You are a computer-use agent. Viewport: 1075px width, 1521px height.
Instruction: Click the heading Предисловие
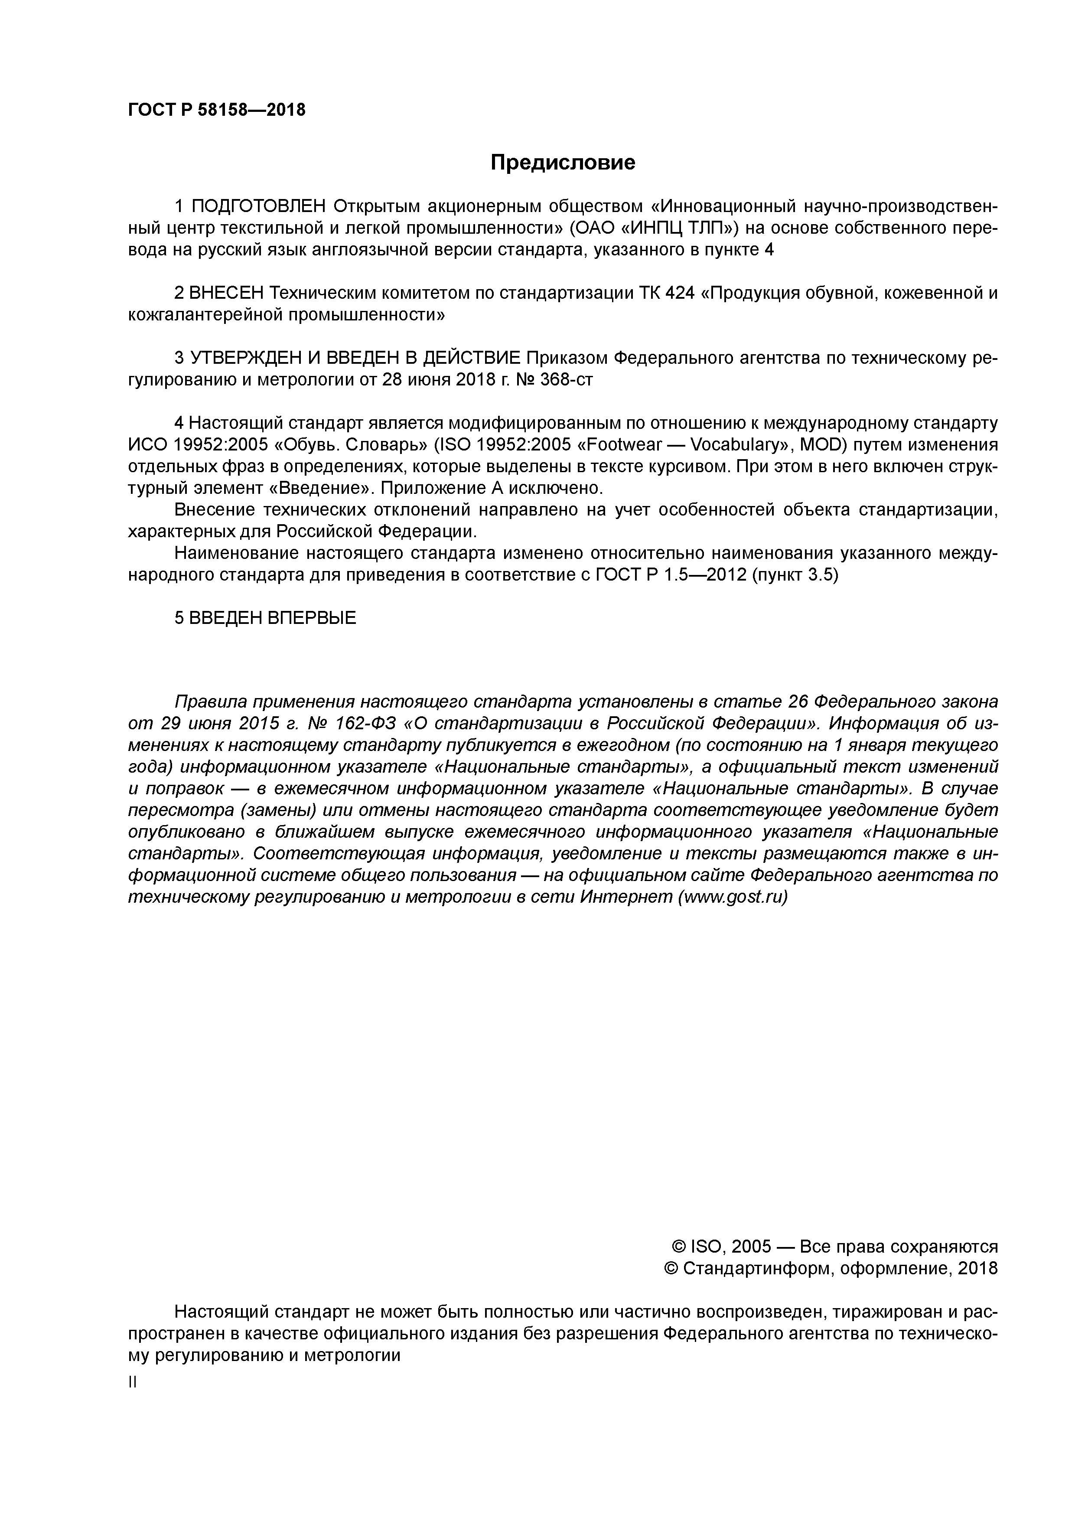click(x=562, y=162)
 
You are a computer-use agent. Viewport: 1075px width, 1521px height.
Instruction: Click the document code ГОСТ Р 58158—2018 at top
click(x=217, y=110)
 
